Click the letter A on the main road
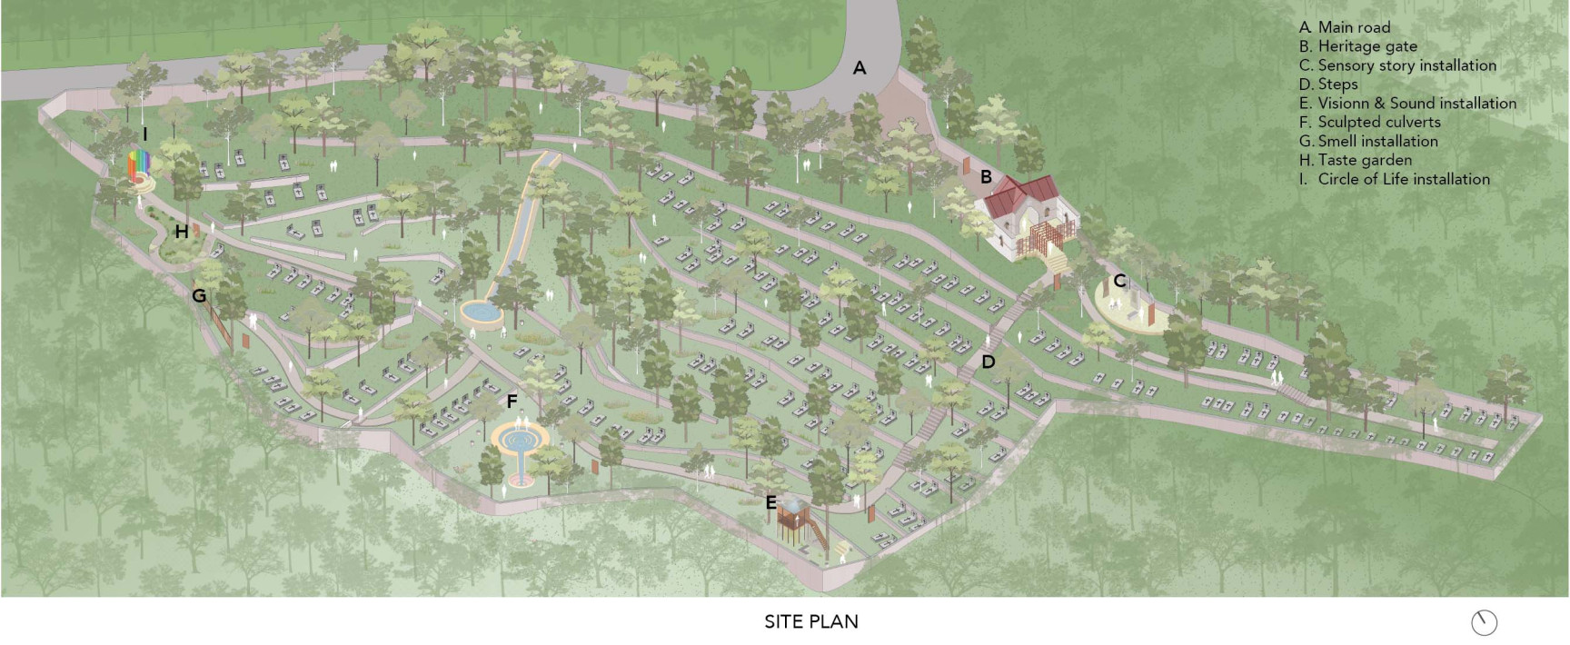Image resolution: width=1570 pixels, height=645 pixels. (x=859, y=68)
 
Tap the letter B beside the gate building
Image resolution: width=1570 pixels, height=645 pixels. (x=986, y=177)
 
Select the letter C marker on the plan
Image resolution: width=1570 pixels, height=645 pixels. (x=1119, y=281)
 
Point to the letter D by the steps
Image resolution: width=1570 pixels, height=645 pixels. (x=989, y=362)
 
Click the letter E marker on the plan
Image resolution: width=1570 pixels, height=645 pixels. (x=770, y=502)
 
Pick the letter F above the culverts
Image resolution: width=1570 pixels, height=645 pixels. (x=512, y=401)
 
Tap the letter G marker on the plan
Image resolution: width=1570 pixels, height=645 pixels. (x=199, y=295)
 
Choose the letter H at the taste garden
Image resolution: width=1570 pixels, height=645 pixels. (x=182, y=232)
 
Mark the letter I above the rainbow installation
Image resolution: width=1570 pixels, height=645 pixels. (x=144, y=134)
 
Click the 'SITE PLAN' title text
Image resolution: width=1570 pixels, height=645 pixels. (x=810, y=621)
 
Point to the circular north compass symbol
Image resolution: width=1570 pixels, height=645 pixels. (x=1484, y=622)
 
